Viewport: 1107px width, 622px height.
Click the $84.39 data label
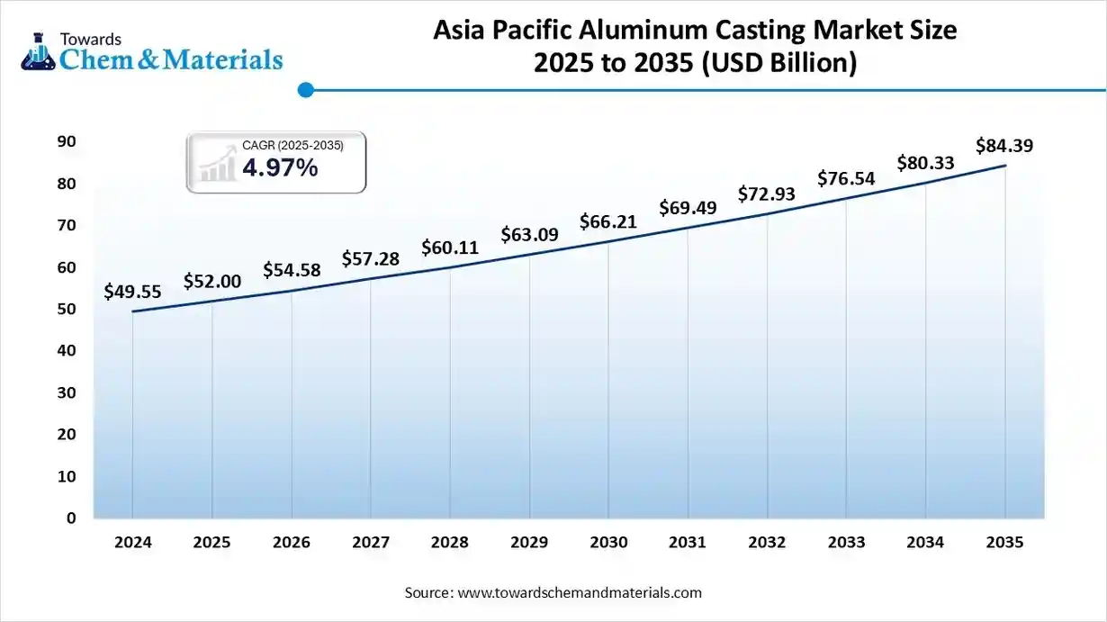[1004, 146]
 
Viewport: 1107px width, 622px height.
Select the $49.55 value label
[132, 292]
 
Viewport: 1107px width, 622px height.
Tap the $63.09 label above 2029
[529, 236]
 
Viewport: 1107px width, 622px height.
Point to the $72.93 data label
[767, 194]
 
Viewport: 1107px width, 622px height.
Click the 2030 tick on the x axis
[608, 543]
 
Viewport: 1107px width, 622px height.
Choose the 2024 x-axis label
[132, 543]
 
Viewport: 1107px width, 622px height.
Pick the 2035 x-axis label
[1004, 543]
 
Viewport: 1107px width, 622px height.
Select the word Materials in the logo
[225, 59]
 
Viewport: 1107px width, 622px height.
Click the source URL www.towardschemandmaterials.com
[580, 593]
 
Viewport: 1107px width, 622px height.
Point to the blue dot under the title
[305, 90]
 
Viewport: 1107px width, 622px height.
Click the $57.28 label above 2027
[370, 259]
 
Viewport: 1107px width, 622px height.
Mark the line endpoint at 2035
[1004, 166]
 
